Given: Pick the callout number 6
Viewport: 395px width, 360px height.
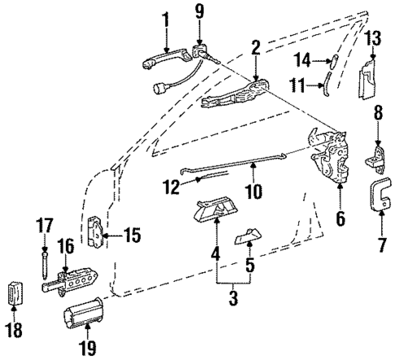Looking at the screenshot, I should tap(340, 218).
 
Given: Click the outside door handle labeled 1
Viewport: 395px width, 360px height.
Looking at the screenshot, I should tap(163, 58).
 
